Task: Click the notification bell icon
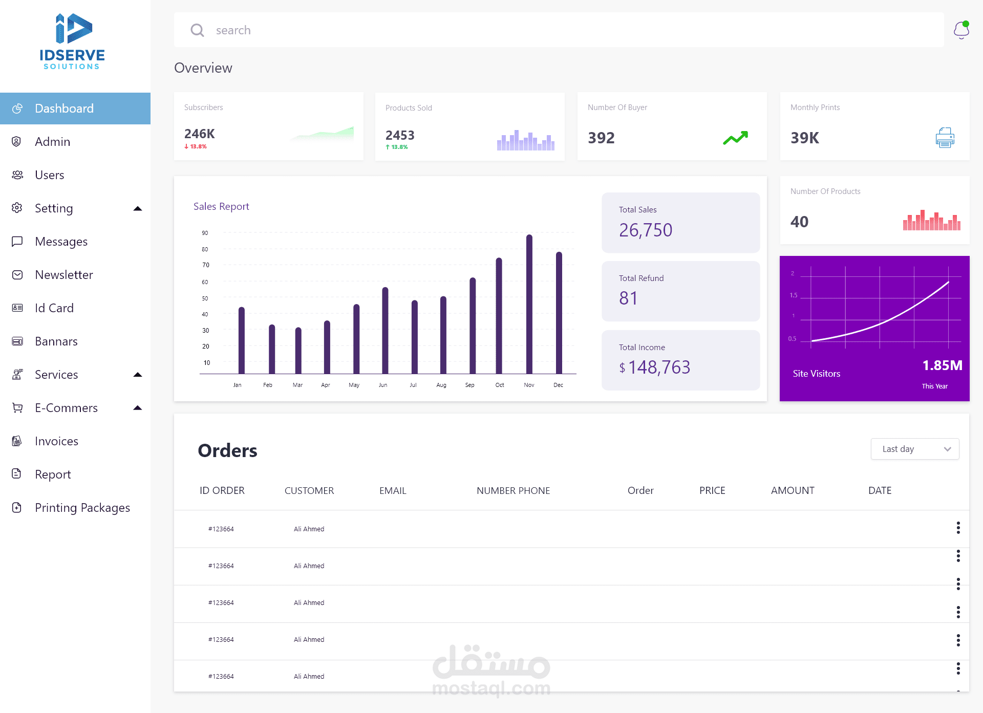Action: (961, 30)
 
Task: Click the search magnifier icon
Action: (197, 30)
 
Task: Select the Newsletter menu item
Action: (63, 275)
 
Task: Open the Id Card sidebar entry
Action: (54, 308)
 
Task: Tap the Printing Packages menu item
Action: (82, 508)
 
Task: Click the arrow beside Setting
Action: (137, 208)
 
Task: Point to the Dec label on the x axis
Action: (558, 385)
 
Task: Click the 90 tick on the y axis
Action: (205, 233)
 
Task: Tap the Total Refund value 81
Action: (628, 298)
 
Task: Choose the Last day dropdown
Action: (914, 449)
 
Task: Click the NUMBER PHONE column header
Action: (513, 490)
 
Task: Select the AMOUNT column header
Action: (792, 490)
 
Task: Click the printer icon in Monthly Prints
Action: (945, 138)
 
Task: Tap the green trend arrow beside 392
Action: (735, 138)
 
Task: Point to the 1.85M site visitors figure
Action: (942, 365)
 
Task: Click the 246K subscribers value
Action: (199, 134)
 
